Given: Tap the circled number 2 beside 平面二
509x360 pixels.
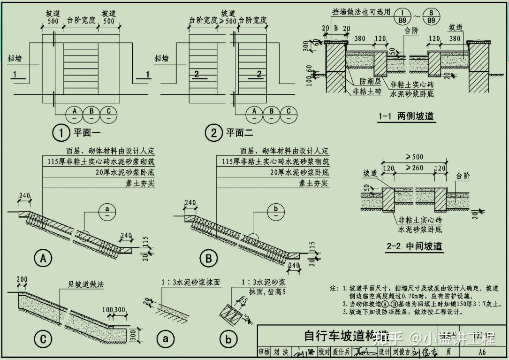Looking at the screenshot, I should tap(214, 134).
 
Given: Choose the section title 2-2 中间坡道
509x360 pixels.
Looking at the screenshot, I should tap(415, 246).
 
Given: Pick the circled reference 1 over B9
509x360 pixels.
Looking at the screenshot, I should tap(403, 16).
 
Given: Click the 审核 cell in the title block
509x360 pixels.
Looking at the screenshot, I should tap(265, 352).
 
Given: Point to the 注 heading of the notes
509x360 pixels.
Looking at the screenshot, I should tap(334, 288).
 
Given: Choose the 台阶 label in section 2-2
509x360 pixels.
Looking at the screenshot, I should tap(465, 176).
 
